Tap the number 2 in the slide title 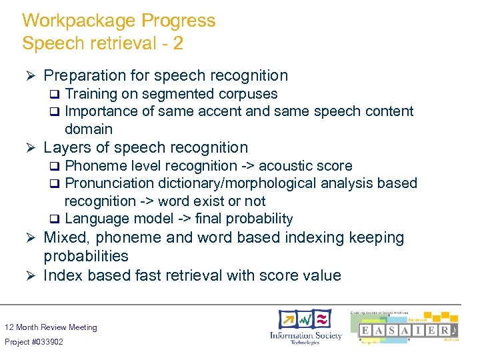coord(178,44)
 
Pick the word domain coord(88,129)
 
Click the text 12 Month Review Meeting coord(51,327)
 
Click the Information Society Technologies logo coord(305,326)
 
